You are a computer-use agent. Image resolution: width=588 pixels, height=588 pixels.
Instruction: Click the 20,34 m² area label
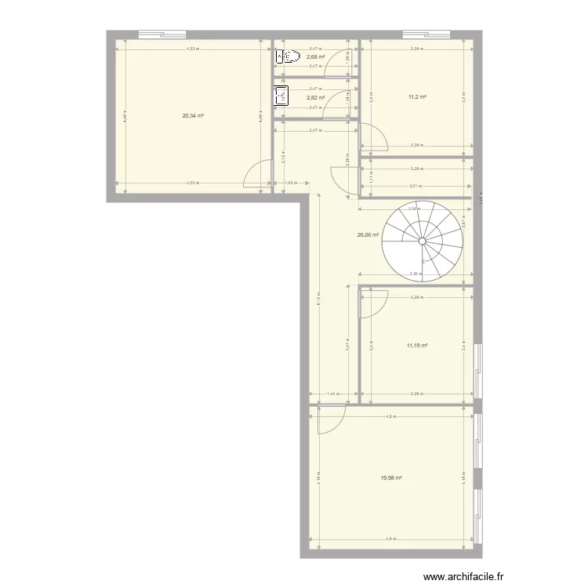(192, 116)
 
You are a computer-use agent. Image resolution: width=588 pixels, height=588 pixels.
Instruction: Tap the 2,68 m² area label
(316, 56)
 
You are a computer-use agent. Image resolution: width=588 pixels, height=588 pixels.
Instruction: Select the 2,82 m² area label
(316, 98)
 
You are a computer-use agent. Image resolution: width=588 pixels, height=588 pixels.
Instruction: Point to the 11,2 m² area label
(417, 97)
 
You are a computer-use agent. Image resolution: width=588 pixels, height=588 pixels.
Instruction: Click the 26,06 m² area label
(368, 234)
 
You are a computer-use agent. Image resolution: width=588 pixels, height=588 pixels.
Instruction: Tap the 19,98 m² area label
(390, 478)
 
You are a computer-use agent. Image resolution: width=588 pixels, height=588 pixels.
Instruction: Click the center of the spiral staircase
(422, 241)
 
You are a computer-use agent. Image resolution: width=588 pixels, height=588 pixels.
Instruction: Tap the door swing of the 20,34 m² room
(256, 176)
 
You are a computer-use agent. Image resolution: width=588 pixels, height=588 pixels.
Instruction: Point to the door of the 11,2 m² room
(373, 139)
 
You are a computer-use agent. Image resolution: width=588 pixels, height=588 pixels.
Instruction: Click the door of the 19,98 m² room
(330, 419)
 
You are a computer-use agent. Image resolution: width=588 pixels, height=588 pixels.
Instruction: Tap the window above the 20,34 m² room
(162, 33)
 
